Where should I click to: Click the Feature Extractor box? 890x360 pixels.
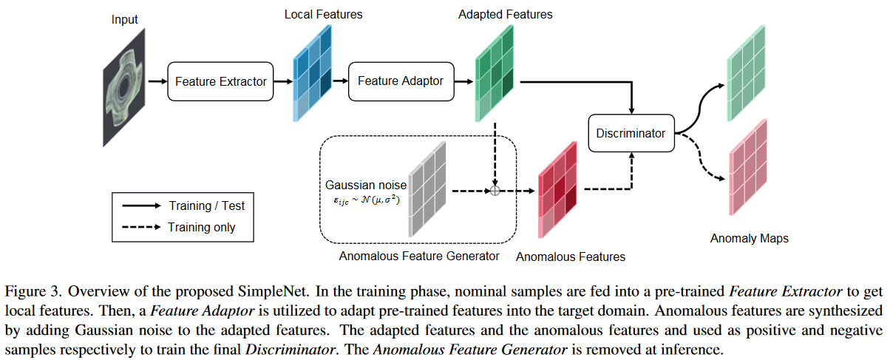(220, 81)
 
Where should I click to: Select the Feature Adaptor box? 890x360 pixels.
(401, 81)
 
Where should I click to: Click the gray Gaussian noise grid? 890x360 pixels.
(428, 190)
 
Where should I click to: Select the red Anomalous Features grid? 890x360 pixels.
(558, 189)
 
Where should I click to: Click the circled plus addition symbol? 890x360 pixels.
(495, 190)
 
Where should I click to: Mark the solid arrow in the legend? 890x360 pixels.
(140, 206)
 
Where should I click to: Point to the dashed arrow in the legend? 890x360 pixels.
(140, 227)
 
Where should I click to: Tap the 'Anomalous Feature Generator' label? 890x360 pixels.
(419, 257)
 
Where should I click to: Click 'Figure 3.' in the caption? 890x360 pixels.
(28, 288)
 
